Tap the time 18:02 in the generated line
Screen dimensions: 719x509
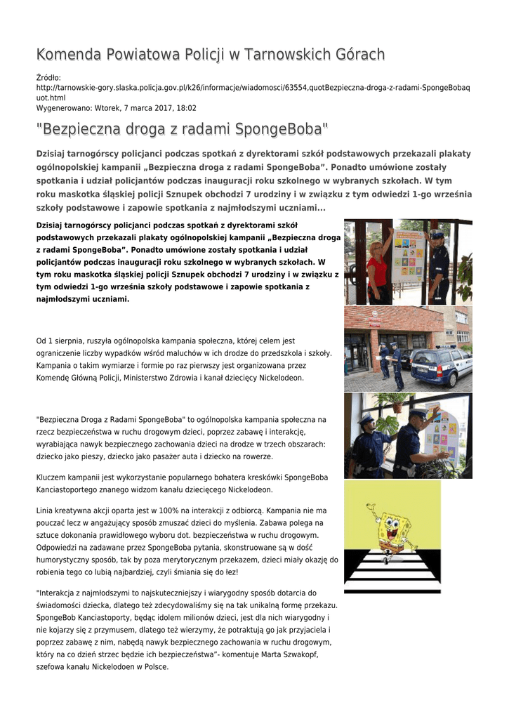pyautogui.click(x=186, y=108)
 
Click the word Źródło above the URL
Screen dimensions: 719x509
pyautogui.click(x=48, y=77)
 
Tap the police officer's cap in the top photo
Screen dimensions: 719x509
pyautogui.click(x=437, y=235)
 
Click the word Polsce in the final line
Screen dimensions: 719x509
pyautogui.click(x=155, y=666)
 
